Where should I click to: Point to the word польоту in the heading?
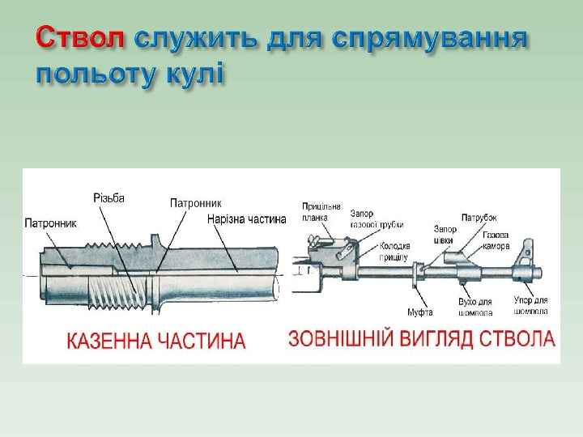pyautogui.click(x=87, y=74)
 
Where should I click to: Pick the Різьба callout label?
pyautogui.click(x=109, y=198)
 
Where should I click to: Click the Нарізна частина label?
pyautogui.click(x=247, y=219)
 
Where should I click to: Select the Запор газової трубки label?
pyautogui.click(x=377, y=219)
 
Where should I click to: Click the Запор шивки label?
pyautogui.click(x=445, y=234)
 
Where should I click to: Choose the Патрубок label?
pyautogui.click(x=479, y=217)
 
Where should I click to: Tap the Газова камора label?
pyautogui.click(x=496, y=240)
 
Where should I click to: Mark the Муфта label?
pyautogui.click(x=419, y=312)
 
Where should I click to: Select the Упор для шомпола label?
pyautogui.click(x=531, y=305)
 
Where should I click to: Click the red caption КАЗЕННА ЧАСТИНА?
pyautogui.click(x=155, y=340)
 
